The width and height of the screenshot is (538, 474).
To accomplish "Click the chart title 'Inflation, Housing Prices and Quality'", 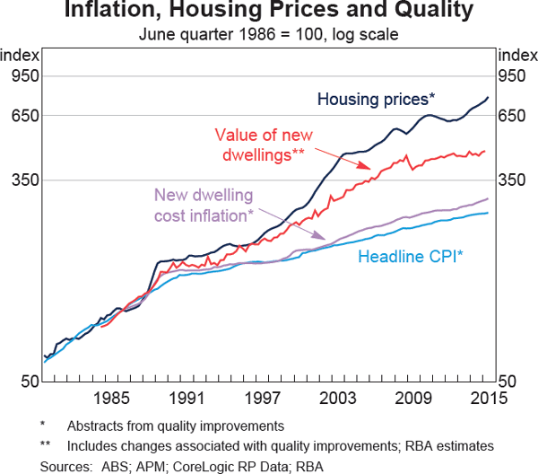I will pyautogui.click(x=268, y=13).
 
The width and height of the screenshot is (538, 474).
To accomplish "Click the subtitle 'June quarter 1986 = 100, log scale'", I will pyautogui.click(x=268, y=34).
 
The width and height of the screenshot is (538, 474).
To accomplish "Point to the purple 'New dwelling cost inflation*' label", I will pyautogui.click(x=204, y=206).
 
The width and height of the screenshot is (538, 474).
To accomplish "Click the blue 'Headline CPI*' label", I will pyautogui.click(x=411, y=257).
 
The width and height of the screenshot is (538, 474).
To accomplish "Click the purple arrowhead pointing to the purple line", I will pyautogui.click(x=329, y=241).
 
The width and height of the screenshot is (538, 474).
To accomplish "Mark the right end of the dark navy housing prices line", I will pyautogui.click(x=489, y=97).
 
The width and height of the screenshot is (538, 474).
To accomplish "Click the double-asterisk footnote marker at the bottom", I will pyautogui.click(x=45, y=446).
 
